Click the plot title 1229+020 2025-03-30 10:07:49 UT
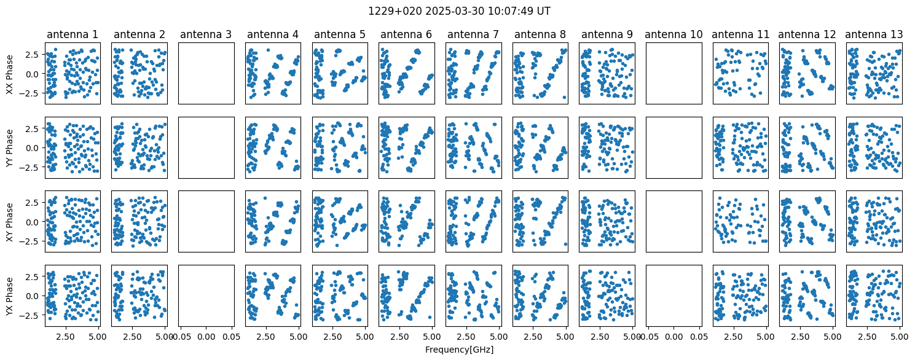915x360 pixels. click(459, 11)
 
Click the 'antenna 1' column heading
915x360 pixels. click(73, 34)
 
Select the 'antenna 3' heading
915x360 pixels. click(206, 34)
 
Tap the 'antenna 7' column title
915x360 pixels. click(473, 34)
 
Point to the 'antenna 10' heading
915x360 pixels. click(673, 34)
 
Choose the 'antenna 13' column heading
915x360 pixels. click(874, 34)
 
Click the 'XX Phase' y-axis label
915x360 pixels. click(10, 74)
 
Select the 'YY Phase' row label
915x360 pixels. click(10, 148)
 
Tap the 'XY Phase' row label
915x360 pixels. click(10, 222)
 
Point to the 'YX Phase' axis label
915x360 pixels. click(10, 296)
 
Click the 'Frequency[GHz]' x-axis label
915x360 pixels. click(459, 350)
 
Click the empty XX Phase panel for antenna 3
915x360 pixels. click(206, 74)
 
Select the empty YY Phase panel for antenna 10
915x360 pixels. click(674, 148)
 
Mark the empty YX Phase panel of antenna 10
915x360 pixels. click(674, 296)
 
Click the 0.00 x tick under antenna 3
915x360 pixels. click(206, 337)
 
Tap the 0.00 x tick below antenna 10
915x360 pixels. click(674, 337)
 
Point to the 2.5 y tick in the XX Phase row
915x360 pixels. click(36, 55)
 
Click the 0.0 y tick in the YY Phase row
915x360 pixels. click(36, 148)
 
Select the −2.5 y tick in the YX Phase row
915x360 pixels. click(33, 315)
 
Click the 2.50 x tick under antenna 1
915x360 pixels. click(65, 337)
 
